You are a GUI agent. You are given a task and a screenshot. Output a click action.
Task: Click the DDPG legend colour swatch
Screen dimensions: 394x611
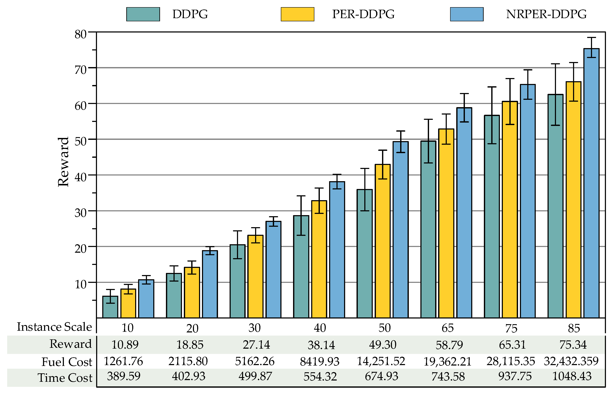click(143, 14)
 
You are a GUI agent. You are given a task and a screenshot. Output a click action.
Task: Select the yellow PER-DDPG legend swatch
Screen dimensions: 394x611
click(297, 14)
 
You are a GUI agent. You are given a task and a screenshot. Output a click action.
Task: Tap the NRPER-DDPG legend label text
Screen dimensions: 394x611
click(546, 14)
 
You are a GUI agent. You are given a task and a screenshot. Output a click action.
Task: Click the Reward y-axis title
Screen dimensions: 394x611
click(63, 162)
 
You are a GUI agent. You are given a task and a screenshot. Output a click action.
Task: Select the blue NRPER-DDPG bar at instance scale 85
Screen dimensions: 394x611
click(591, 184)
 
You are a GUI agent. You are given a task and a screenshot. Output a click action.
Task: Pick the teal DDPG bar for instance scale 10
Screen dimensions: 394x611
click(110, 307)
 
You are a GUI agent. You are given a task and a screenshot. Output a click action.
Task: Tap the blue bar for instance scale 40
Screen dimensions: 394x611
click(337, 250)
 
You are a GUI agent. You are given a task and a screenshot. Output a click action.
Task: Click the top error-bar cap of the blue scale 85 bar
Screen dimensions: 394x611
click(591, 38)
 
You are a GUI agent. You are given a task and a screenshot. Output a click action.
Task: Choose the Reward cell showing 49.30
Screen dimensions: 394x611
click(382, 345)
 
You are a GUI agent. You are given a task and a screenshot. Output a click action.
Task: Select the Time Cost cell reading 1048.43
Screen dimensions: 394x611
click(572, 376)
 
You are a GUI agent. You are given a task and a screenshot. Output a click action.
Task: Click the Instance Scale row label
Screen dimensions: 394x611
click(54, 327)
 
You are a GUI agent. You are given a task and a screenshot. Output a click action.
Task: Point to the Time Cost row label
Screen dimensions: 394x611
click(65, 378)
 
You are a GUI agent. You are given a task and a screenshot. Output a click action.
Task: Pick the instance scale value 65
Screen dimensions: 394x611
click(447, 328)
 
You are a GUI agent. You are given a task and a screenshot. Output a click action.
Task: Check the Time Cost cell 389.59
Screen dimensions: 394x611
click(124, 376)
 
